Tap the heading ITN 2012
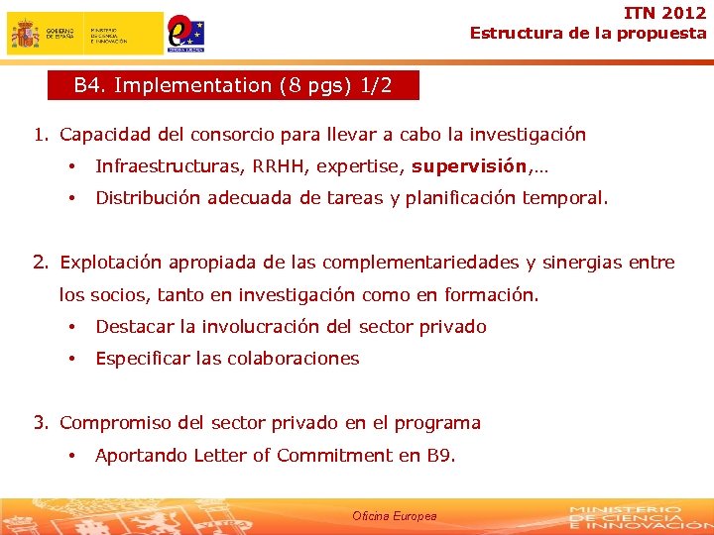[x=665, y=13]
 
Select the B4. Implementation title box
[x=233, y=85]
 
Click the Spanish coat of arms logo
[x=25, y=34]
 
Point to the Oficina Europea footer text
[x=394, y=516]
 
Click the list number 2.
[x=40, y=263]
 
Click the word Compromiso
[x=115, y=423]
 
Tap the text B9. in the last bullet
[x=440, y=455]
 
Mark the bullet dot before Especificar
[x=72, y=359]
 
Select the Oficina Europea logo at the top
[x=185, y=33]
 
